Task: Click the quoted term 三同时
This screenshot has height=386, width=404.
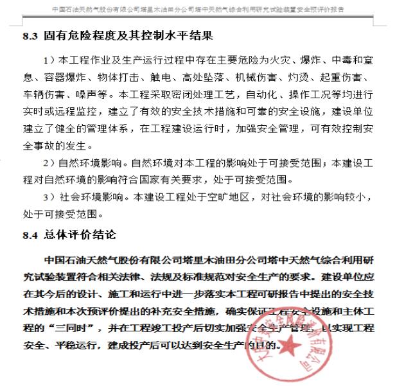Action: tap(73, 328)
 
